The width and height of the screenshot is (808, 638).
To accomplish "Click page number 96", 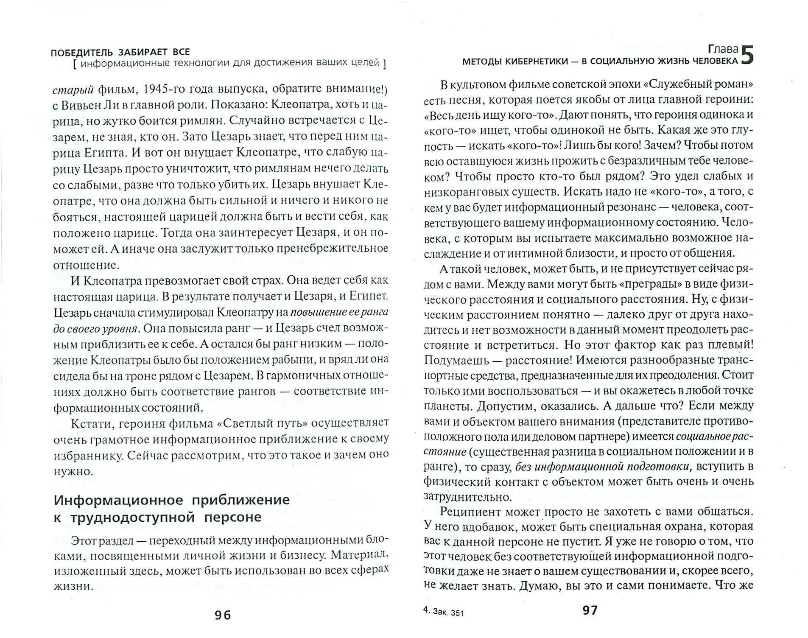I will (x=222, y=615).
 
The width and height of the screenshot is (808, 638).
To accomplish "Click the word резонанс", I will (x=632, y=207).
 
